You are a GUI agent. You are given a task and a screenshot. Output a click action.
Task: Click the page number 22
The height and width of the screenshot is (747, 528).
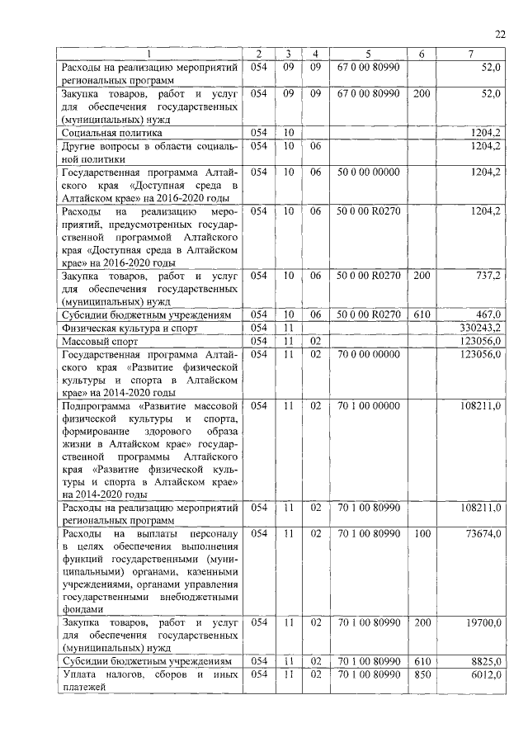coord(499,34)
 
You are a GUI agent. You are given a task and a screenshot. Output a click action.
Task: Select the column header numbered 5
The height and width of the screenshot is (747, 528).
coord(368,55)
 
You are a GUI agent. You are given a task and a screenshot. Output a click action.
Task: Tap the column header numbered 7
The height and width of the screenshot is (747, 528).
coord(470,55)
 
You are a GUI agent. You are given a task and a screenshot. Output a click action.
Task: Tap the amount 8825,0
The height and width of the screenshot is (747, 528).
coord(486,662)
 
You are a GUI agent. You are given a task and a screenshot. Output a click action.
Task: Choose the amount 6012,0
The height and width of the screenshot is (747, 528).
coord(486,674)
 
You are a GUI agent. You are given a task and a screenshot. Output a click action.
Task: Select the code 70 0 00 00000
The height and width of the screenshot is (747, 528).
coord(368,353)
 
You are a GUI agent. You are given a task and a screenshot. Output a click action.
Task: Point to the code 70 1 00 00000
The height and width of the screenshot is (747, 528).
coord(368,406)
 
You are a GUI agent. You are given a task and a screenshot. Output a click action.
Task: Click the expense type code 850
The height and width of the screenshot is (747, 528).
coord(422,674)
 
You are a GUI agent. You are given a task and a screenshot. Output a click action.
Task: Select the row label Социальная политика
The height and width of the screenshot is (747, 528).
coord(111,132)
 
